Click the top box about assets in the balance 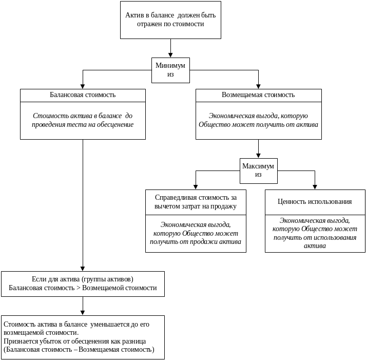tap(171, 20)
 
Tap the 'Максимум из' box tap(258, 170)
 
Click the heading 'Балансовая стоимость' tap(83, 96)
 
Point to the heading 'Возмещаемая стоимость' tap(259, 96)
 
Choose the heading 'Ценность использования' tap(315, 201)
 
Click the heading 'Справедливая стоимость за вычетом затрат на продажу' tap(196, 202)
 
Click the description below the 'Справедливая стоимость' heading tap(196, 233)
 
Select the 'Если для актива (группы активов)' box tap(83, 283)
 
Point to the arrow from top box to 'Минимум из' tap(171, 48)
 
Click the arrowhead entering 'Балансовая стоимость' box tap(83, 86)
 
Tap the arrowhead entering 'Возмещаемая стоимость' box tap(258, 86)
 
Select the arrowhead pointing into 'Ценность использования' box tap(315, 187)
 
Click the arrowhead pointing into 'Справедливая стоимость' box tap(196, 187)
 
